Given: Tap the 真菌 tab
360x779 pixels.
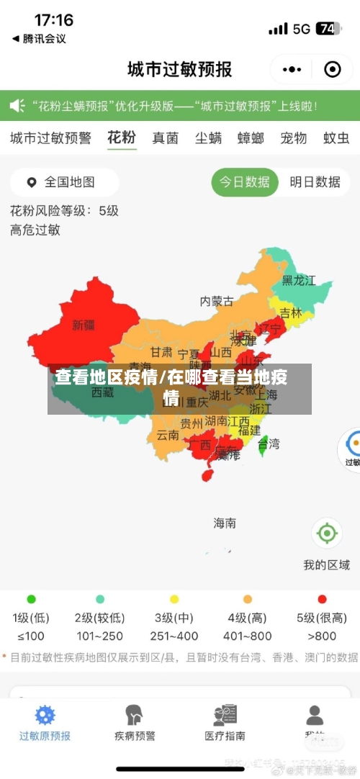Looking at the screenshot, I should pos(165,138).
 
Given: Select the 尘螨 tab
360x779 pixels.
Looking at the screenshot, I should pos(208,138).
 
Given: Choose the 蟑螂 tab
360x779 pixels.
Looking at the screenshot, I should pos(251,138).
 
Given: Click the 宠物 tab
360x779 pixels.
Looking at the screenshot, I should pos(293,138).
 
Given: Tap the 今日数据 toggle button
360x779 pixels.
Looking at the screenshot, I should pos(245,182).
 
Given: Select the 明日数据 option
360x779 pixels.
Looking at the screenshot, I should pos(315,182).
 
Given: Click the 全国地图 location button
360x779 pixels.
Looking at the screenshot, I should pos(63,182).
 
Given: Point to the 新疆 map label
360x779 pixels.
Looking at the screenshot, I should pos(84,325).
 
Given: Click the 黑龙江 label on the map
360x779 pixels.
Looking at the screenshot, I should pos(298,280).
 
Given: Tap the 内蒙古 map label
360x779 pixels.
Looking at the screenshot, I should pos(216,301).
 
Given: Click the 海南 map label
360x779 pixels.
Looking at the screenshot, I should pos(225,523).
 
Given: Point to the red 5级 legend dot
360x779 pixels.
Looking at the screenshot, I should pos(322,599).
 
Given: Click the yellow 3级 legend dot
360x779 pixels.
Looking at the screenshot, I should pos(174,599).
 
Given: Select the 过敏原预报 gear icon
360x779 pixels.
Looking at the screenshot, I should pos(45,715).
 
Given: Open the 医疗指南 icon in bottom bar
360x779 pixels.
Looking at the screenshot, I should pos(225,715).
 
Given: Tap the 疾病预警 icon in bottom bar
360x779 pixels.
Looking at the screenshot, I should pos(135,715).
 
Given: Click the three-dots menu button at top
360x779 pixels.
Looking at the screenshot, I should pos(292,69).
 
